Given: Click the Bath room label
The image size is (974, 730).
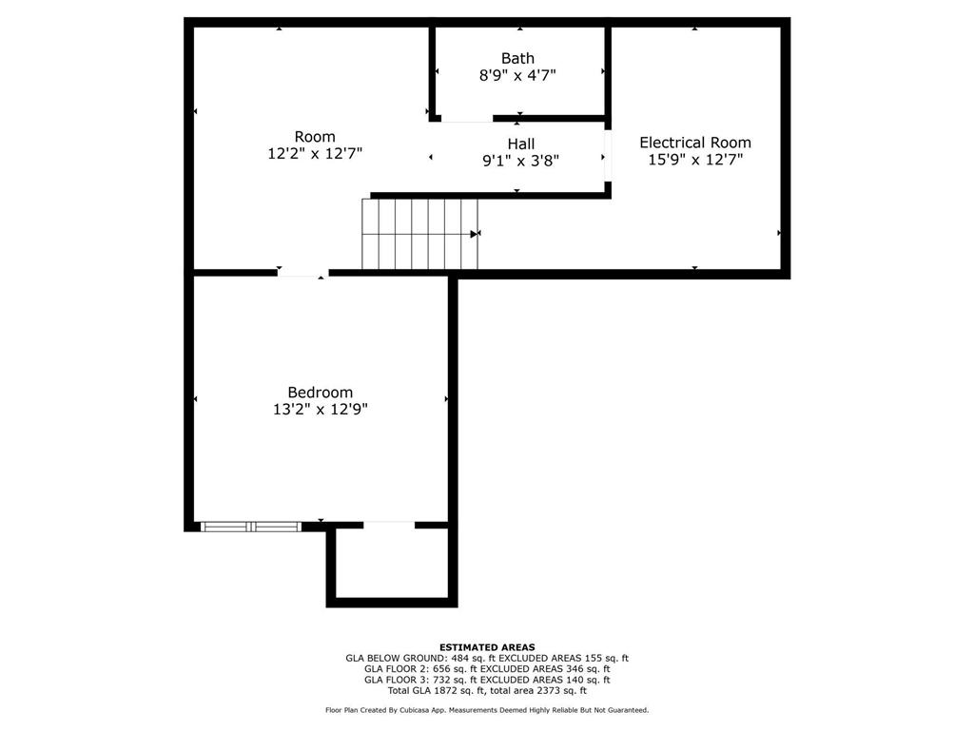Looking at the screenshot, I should tap(517, 58).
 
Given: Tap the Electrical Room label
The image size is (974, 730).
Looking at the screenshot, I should tap(694, 143).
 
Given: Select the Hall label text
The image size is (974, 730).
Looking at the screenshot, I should tap(520, 144).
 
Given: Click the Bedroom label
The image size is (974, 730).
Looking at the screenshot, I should tap(320, 392).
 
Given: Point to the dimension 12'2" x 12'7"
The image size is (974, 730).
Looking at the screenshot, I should tap(314, 153).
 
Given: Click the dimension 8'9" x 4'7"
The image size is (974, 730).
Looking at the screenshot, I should tap(517, 75).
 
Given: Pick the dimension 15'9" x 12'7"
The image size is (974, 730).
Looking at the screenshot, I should tap(694, 160).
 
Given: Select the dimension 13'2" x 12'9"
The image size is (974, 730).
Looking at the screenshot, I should tap(320, 409).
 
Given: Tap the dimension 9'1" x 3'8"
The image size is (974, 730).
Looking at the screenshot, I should tap(520, 161).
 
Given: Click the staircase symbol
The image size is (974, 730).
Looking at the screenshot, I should tap(419, 234).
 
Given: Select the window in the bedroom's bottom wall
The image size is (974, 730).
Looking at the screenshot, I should tap(251, 526).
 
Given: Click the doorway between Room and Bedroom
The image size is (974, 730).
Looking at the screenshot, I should tap(302, 274).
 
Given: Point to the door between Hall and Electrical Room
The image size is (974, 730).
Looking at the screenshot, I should tap(607, 157).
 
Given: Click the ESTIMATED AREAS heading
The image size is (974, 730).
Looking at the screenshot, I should tap(487, 646).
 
